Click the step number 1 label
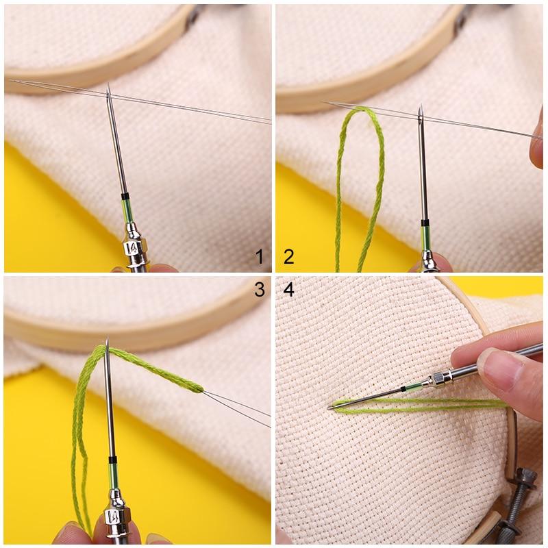click(259, 257)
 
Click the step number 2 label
click(288, 257)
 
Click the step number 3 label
click(259, 290)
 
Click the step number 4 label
click(288, 290)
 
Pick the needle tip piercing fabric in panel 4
click(330, 407)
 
